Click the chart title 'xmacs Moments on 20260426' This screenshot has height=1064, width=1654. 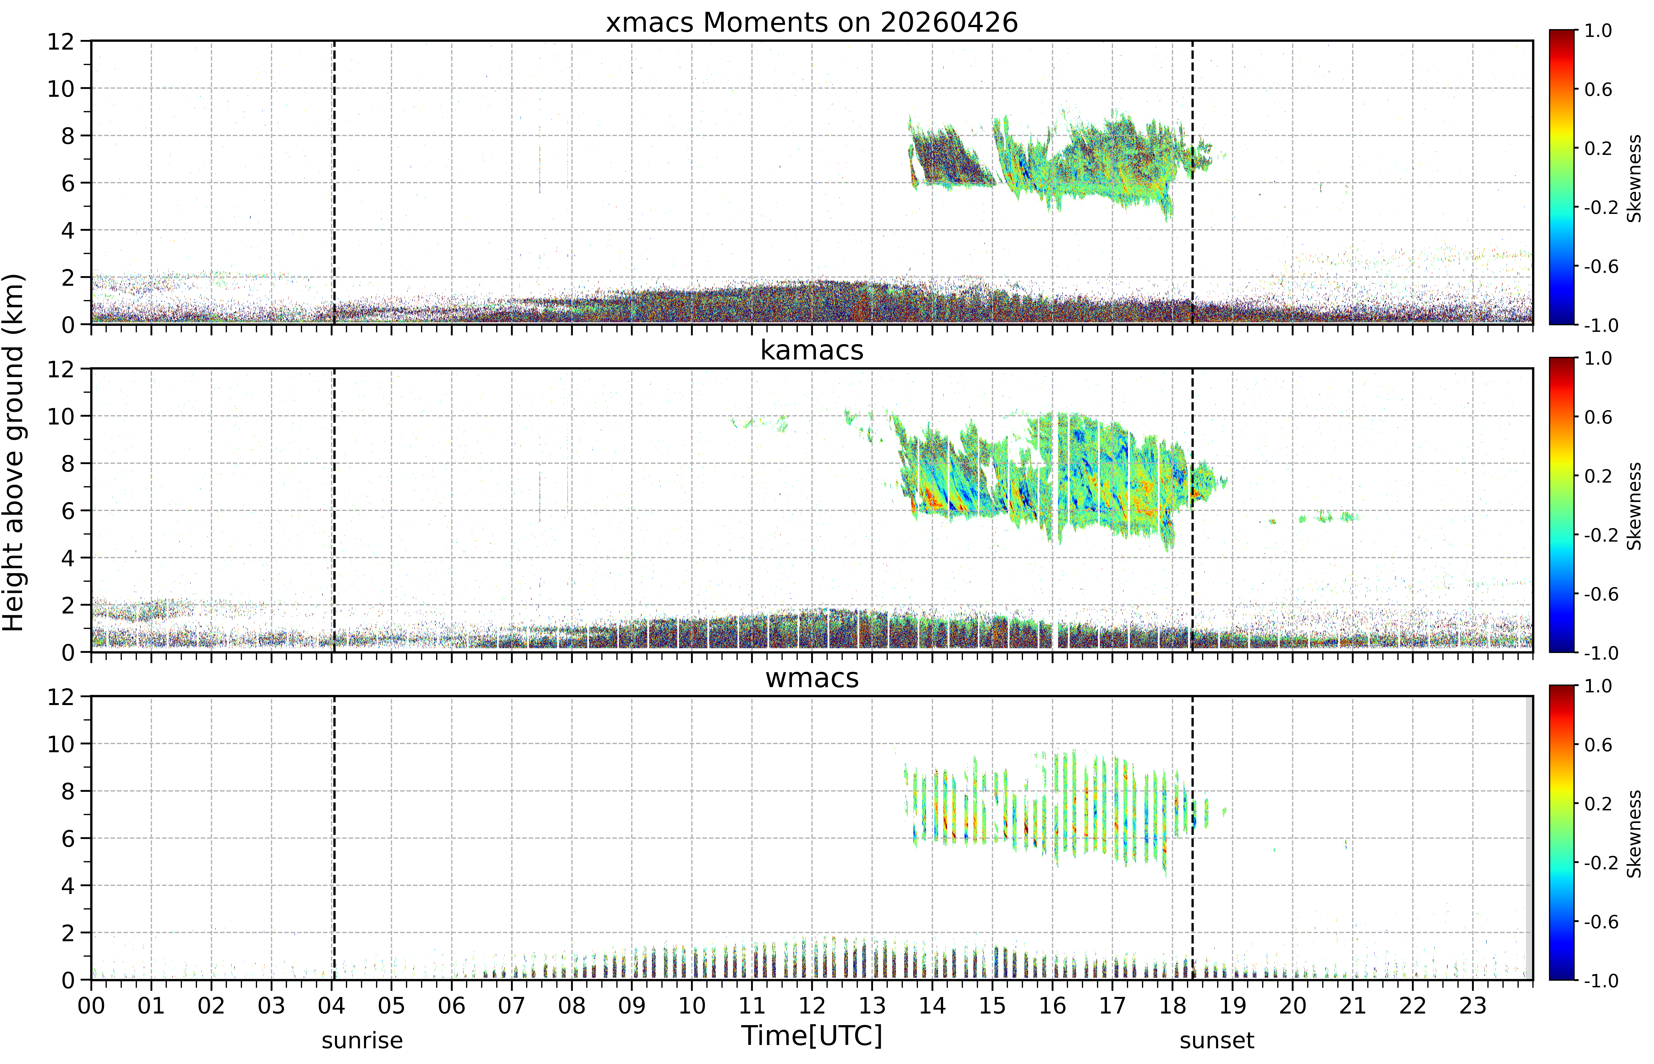point(812,23)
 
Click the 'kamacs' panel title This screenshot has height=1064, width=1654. point(812,350)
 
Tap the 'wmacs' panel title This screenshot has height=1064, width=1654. point(812,678)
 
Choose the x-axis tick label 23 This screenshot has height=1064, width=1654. point(1472,1005)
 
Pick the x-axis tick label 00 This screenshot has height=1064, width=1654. point(91,1005)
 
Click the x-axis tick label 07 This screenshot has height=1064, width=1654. point(511,1005)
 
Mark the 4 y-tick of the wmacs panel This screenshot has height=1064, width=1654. point(68,886)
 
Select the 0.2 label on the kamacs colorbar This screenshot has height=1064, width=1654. point(1598,476)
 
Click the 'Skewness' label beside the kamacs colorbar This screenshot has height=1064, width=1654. point(1634,506)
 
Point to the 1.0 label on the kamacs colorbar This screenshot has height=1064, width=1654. point(1598,358)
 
